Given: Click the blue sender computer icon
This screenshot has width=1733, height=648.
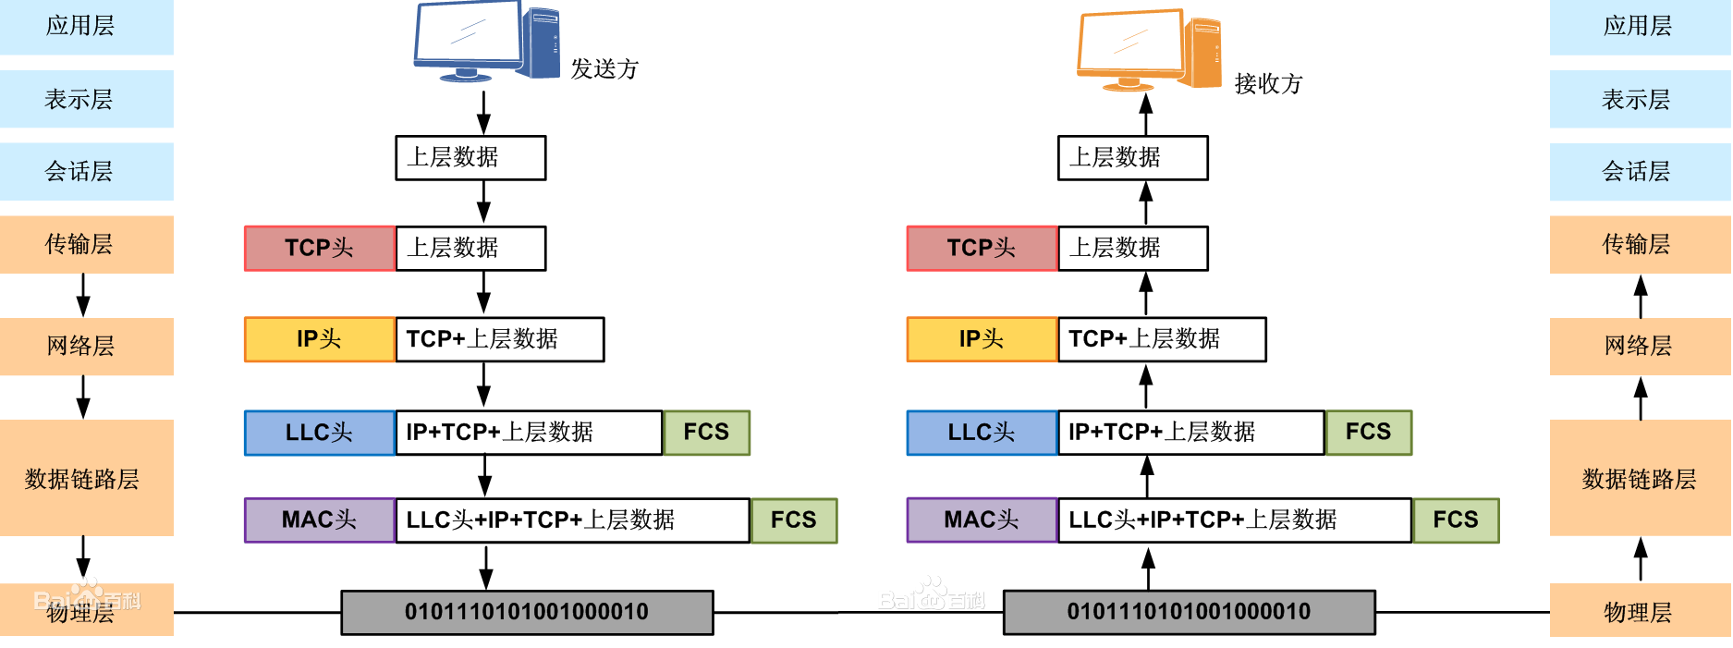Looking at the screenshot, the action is tap(486, 42).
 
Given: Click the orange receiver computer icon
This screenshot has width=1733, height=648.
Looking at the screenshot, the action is tap(1149, 51).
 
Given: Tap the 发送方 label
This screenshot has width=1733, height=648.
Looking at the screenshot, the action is tap(604, 69).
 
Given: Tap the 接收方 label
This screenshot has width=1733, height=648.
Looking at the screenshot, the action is tap(1268, 84).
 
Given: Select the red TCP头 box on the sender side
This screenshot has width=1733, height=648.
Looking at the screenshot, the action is tap(320, 248).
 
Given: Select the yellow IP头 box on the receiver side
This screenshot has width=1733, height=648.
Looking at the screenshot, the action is tap(982, 339).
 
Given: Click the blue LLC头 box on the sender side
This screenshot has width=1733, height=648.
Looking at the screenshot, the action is tap(320, 433).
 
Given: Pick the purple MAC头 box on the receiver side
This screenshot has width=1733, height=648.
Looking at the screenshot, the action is tap(982, 520).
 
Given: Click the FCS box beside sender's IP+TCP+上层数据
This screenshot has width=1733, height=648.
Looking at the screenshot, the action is tap(706, 433).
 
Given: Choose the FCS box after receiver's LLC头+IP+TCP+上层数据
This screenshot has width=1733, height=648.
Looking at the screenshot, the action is tap(1456, 520).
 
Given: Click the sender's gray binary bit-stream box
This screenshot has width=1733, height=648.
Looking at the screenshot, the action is tap(527, 612).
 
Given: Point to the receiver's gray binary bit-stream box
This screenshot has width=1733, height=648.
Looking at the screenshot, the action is tap(1190, 612).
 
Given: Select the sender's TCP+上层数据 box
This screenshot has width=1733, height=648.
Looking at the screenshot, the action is tap(500, 339).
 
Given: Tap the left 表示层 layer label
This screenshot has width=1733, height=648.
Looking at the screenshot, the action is tap(79, 99).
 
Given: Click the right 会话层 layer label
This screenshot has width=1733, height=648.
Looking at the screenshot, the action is tap(1637, 171).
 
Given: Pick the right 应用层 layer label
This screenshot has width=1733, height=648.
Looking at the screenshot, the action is tap(1638, 26).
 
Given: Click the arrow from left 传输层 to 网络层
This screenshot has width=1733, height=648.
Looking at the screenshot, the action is tap(83, 295).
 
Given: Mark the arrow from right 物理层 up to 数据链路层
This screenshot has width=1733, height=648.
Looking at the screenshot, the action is tap(1641, 559).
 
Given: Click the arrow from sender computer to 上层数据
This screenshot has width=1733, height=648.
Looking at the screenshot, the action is tap(483, 112).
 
